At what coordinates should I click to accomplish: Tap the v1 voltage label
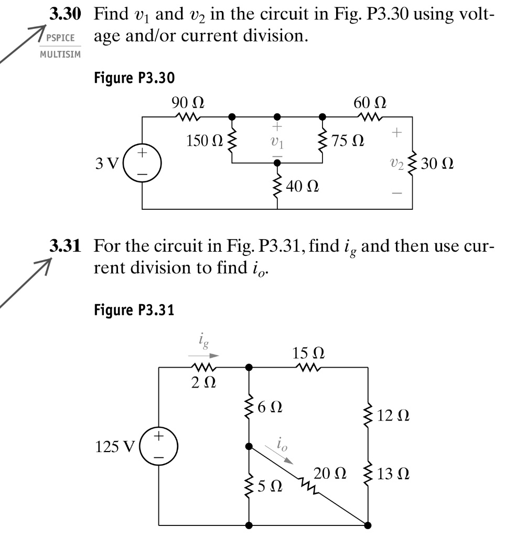pyautogui.click(x=277, y=142)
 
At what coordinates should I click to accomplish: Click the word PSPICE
pyautogui.click(x=61, y=39)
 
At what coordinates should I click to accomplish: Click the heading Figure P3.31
pyautogui.click(x=134, y=311)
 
